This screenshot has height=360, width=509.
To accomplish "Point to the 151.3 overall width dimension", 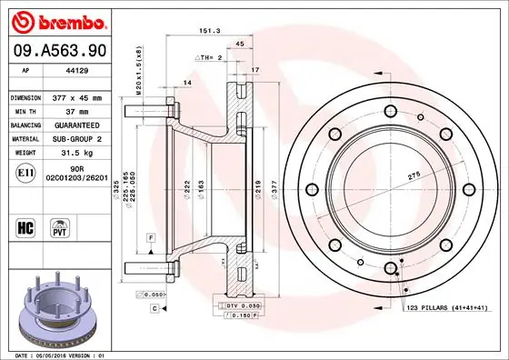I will (x=209, y=30).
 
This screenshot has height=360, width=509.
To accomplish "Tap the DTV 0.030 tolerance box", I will (x=241, y=306).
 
